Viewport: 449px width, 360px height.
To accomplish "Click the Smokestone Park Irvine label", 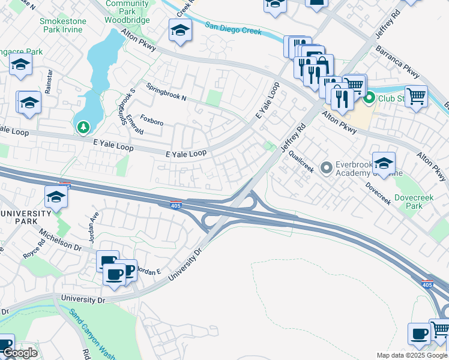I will pyautogui.click(x=63, y=25).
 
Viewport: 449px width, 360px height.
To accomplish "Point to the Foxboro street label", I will pyautogui.click(x=151, y=122).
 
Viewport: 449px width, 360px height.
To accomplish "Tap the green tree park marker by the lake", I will pyautogui.click(x=83, y=127).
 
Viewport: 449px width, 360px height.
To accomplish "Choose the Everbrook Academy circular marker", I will pyautogui.click(x=327, y=167).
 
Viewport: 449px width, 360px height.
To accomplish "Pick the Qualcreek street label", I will pyautogui.click(x=301, y=161).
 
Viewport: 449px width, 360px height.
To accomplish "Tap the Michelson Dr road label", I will pyautogui.click(x=60, y=239).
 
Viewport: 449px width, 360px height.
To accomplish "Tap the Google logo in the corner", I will pyautogui.click(x=20, y=353).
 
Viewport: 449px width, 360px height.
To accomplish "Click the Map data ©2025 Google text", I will pyautogui.click(x=411, y=355).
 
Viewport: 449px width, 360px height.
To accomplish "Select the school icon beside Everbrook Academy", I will pyautogui.click(x=383, y=161).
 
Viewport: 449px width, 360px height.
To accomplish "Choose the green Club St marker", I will pyautogui.click(x=369, y=97).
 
